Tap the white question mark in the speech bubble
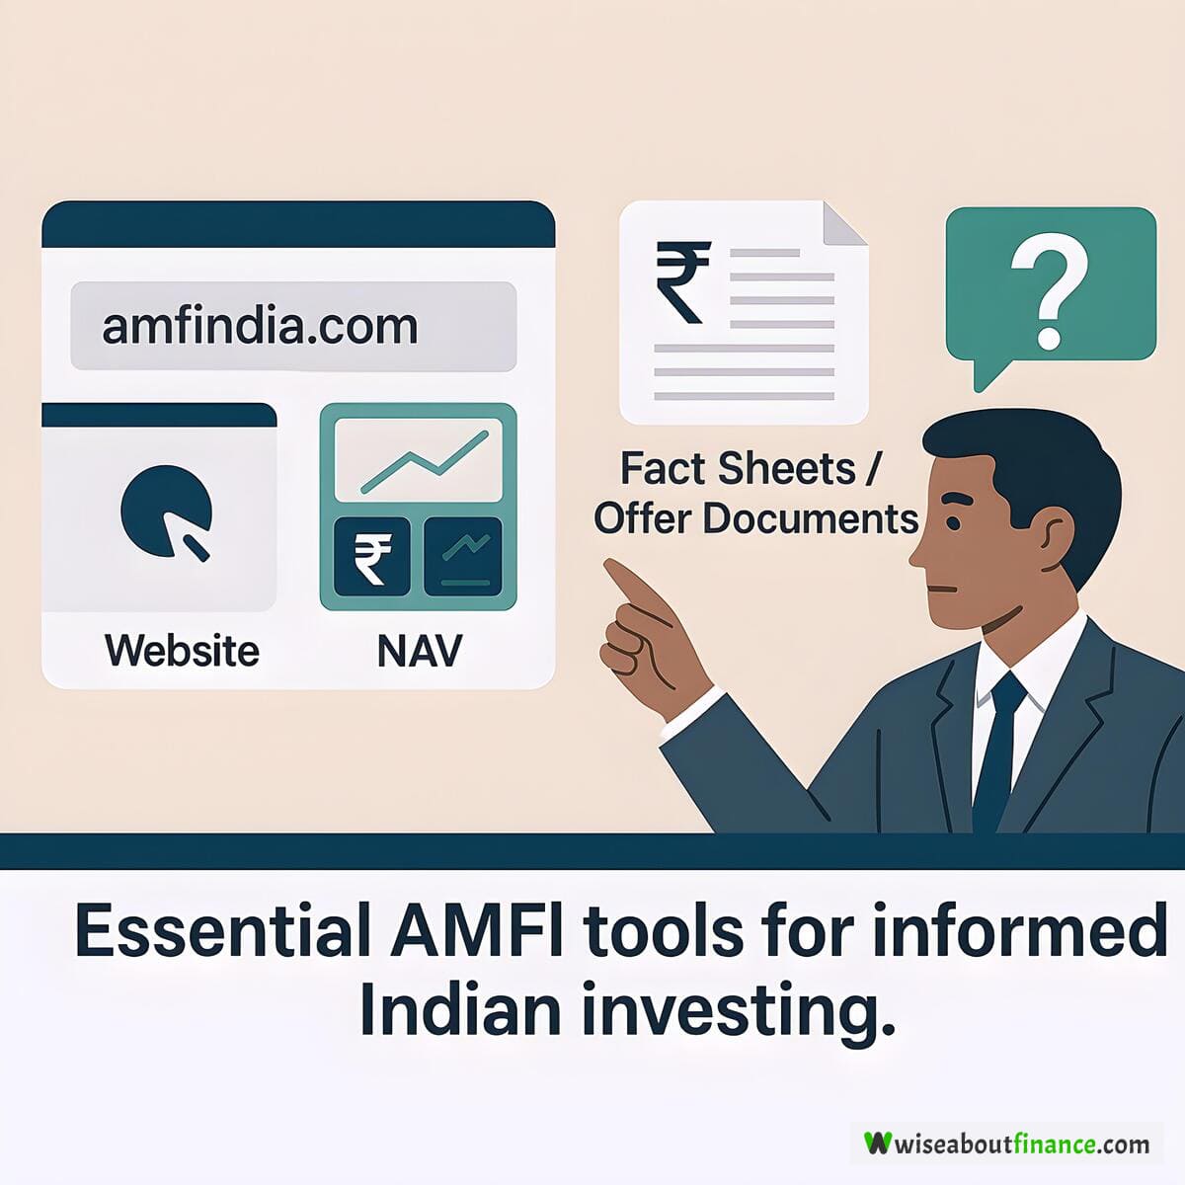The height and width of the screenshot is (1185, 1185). click(x=1049, y=289)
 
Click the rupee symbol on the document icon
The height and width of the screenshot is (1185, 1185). click(x=682, y=282)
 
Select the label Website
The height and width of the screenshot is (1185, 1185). click(x=182, y=651)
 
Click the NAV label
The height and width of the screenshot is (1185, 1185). click(x=420, y=651)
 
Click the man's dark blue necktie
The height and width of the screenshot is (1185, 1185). click(x=998, y=752)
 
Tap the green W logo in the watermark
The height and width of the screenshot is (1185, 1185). click(x=877, y=1144)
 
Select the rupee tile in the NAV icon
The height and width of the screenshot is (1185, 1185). click(x=371, y=557)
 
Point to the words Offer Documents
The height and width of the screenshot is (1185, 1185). click(x=755, y=519)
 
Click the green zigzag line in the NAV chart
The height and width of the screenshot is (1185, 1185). click(x=425, y=462)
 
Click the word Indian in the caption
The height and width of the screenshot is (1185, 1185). click(x=460, y=1010)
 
